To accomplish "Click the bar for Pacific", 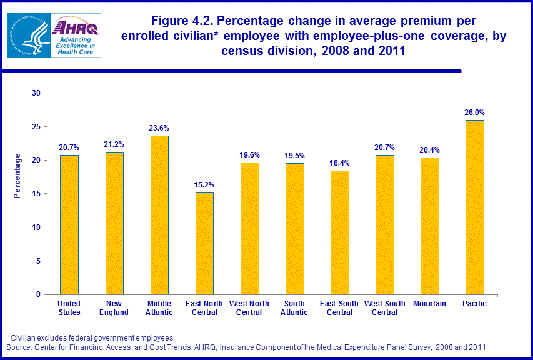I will tap(474, 207).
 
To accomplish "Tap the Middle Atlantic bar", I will tap(159, 215).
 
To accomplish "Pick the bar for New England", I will tap(114, 223).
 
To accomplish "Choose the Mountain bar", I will tap(429, 226).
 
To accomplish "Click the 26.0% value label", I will tap(474, 112).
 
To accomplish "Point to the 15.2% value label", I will tap(204, 185).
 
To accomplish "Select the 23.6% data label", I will tap(159, 128).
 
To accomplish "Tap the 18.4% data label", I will tap(339, 163).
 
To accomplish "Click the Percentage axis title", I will tap(17, 176).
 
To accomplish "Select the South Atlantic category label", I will tap(294, 308).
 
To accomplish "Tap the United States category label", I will tap(69, 308).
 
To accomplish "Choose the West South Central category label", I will tap(384, 308).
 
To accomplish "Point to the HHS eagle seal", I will tap(28, 36).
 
